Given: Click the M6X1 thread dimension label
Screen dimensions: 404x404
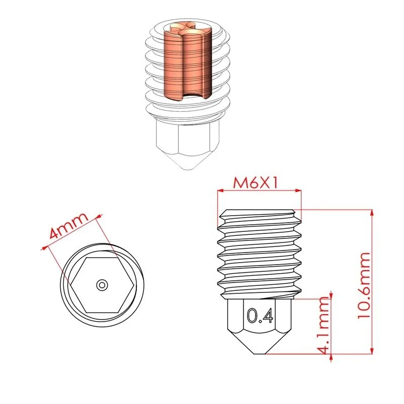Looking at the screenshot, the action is click(256, 183).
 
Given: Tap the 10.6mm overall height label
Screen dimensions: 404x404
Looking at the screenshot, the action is click(364, 285).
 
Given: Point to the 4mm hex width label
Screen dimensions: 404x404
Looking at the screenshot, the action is click(69, 226).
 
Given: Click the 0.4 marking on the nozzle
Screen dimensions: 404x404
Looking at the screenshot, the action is click(260, 315).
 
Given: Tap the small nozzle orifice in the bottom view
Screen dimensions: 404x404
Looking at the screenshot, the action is click(102, 285).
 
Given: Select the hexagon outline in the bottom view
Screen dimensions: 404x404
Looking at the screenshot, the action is click(102, 285).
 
